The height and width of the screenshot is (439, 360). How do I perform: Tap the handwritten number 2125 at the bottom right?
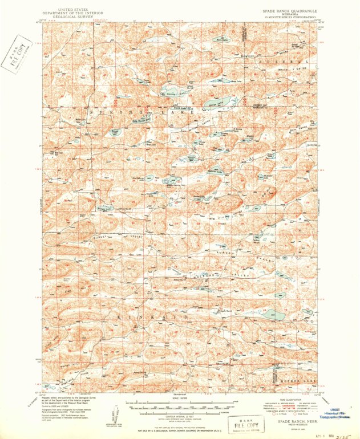343,432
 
